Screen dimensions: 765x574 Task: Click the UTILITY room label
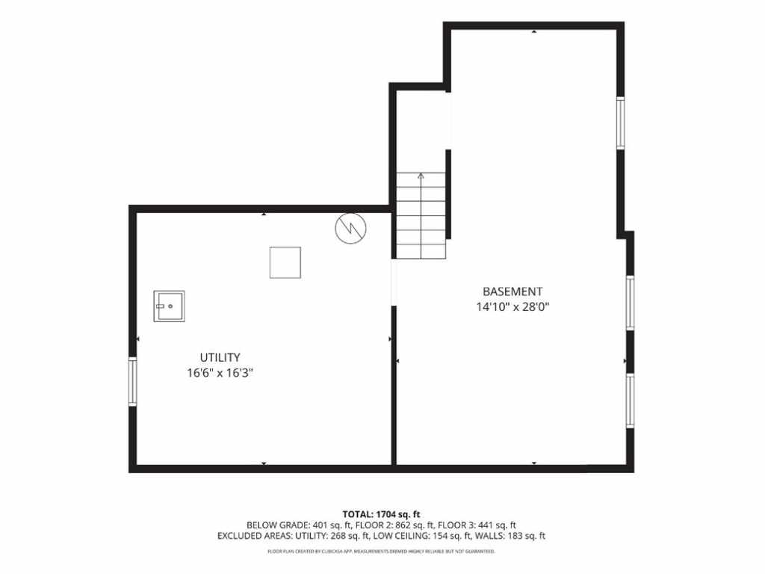220,357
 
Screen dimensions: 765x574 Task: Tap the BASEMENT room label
512,291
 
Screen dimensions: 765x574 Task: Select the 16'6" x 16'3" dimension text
220,374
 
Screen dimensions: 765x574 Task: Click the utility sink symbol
170,306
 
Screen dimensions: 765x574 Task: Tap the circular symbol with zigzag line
351,229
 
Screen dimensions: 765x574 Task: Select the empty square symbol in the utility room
285,262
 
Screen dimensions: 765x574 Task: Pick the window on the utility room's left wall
133,381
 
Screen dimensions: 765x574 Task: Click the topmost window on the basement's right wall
621,123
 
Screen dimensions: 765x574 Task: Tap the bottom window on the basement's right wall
631,401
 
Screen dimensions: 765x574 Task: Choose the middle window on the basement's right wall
631,303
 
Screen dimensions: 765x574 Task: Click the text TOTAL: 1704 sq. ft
382,514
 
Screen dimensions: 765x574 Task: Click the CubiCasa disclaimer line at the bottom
382,552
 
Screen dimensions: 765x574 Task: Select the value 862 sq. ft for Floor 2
412,525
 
